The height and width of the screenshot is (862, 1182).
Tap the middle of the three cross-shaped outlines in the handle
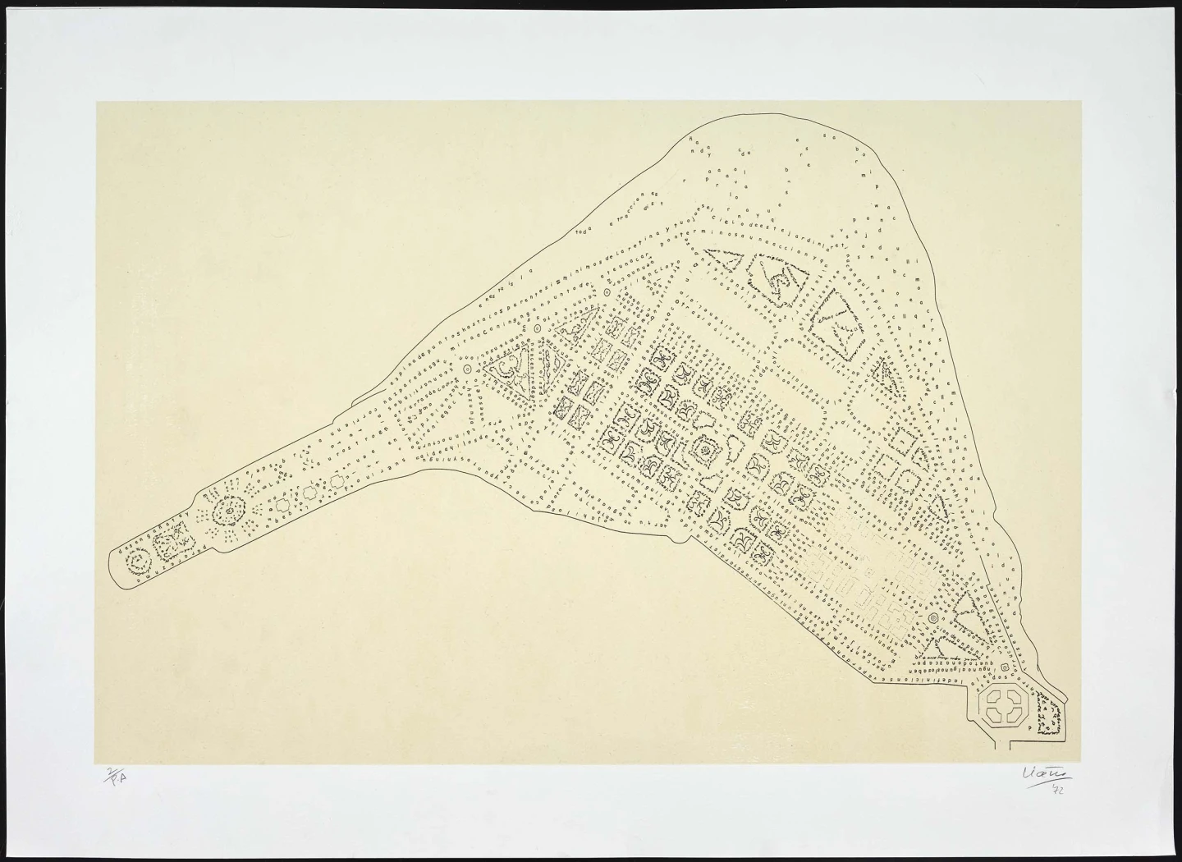(x=310, y=493)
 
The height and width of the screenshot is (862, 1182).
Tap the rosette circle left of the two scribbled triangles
(x=469, y=370)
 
